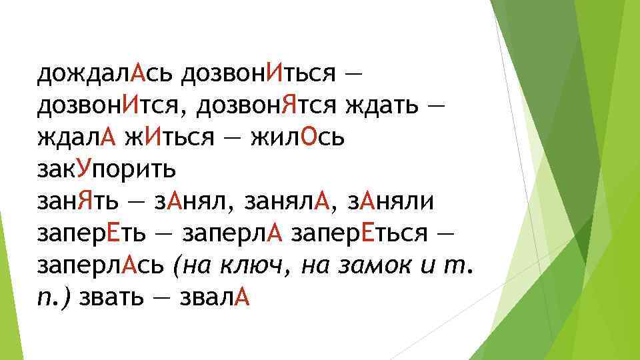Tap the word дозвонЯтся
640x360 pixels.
click(283, 105)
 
